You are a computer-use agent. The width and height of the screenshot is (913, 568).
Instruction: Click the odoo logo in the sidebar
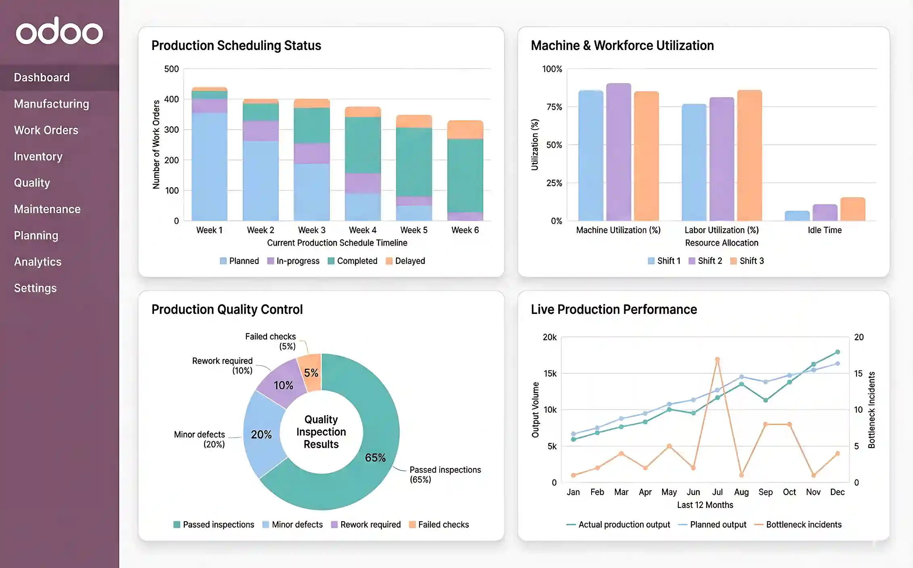59,31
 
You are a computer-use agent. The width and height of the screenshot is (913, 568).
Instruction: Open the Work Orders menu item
46,130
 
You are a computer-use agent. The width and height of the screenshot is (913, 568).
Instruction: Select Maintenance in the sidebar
47,209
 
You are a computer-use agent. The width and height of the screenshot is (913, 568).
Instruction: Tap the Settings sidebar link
35,288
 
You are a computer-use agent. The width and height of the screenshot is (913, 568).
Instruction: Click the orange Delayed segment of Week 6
465,130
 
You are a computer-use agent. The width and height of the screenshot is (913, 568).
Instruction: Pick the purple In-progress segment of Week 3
312,153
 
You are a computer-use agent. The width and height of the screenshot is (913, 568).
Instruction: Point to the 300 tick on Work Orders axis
171,129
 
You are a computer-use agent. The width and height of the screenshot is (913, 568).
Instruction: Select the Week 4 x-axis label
363,230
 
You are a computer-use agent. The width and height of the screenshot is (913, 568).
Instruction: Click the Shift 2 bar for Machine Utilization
618,152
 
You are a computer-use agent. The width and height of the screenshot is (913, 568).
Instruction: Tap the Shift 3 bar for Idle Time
853,209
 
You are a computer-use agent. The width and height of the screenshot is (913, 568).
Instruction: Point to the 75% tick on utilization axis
554,107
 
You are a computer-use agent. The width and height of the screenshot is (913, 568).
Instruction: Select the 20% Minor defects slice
261,434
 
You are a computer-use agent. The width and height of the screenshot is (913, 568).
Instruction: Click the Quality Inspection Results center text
321,432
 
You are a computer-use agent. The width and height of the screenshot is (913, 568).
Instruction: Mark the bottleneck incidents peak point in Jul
717,359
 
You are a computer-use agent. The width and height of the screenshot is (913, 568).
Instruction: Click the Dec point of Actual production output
837,352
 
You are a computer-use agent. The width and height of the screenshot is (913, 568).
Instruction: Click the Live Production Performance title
613,309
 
